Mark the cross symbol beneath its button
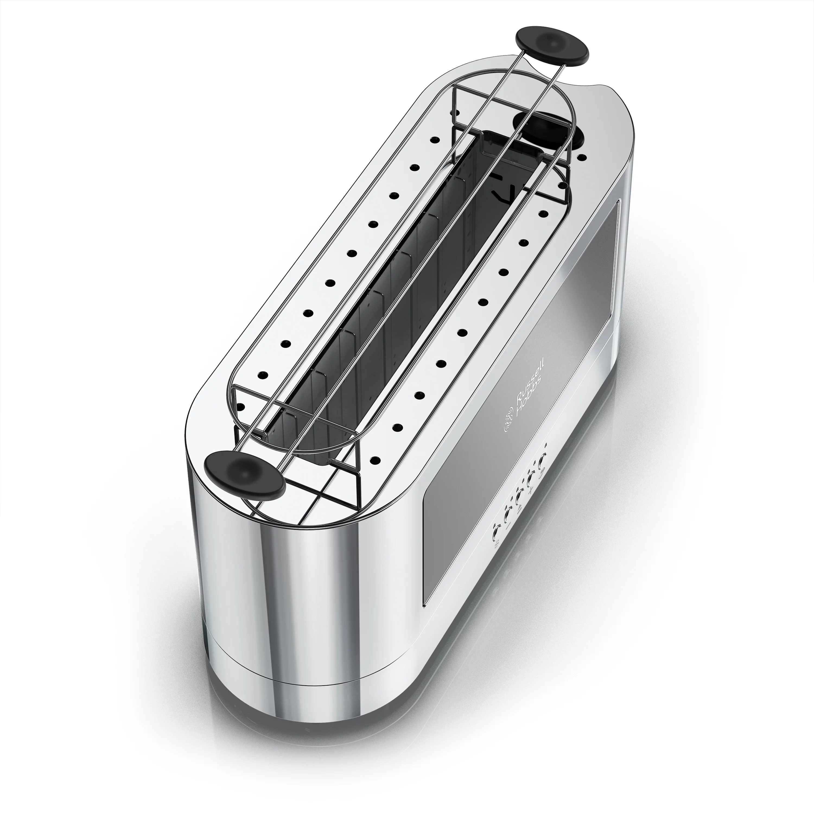click(531, 490)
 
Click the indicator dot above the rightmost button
click(546, 445)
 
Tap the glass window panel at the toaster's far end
click(607, 253)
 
